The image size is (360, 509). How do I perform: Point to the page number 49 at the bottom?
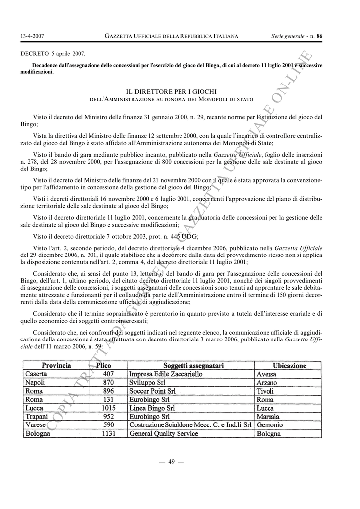(171, 462)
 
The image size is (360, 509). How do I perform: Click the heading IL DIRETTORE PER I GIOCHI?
(171, 92)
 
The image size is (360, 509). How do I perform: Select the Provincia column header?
(56, 365)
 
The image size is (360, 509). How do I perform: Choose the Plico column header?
(104, 365)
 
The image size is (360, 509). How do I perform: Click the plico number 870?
(108, 382)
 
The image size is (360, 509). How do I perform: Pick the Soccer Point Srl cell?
(152, 391)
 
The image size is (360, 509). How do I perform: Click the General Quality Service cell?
(164, 433)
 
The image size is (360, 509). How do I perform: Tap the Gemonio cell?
(270, 425)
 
